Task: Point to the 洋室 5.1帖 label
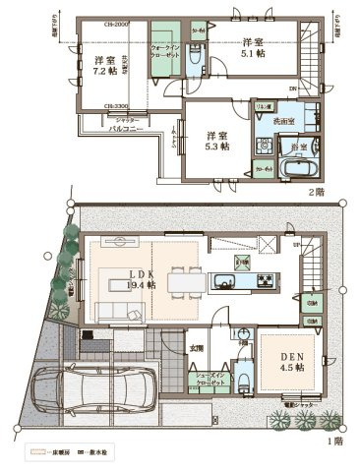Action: tap(254, 48)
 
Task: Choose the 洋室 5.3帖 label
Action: tap(215, 141)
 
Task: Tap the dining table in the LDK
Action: tap(183, 282)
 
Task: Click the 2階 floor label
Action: tap(314, 192)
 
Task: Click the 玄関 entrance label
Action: tap(197, 347)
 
